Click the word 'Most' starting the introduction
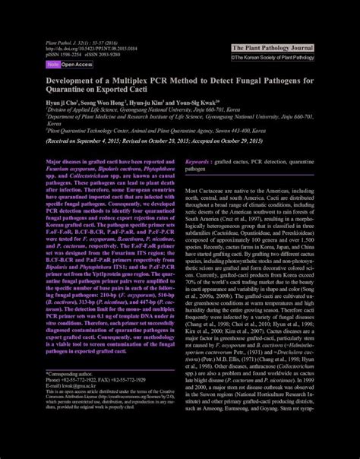pos(192,190)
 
